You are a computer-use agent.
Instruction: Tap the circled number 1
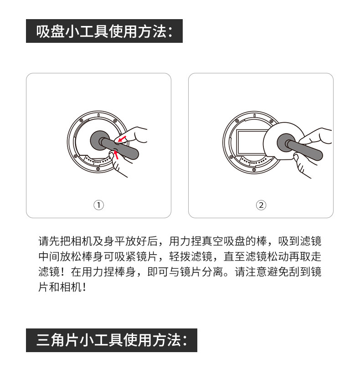[x=98, y=205]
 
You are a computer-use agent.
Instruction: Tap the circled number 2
[x=261, y=205]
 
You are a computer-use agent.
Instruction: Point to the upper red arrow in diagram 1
[x=122, y=139]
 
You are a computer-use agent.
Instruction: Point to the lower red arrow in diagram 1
[x=116, y=155]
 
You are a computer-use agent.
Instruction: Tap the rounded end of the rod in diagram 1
[x=134, y=154]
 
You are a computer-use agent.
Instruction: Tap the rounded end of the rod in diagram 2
[x=318, y=155]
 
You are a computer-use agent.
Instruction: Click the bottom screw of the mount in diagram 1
[x=98, y=169]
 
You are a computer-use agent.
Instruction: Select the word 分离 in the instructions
[x=212, y=272]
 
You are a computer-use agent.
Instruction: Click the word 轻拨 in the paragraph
[x=180, y=256]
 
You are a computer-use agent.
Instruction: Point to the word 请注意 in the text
[x=251, y=272]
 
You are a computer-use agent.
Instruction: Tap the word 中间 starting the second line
[x=49, y=256]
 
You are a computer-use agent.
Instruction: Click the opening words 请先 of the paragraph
[x=49, y=241]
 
